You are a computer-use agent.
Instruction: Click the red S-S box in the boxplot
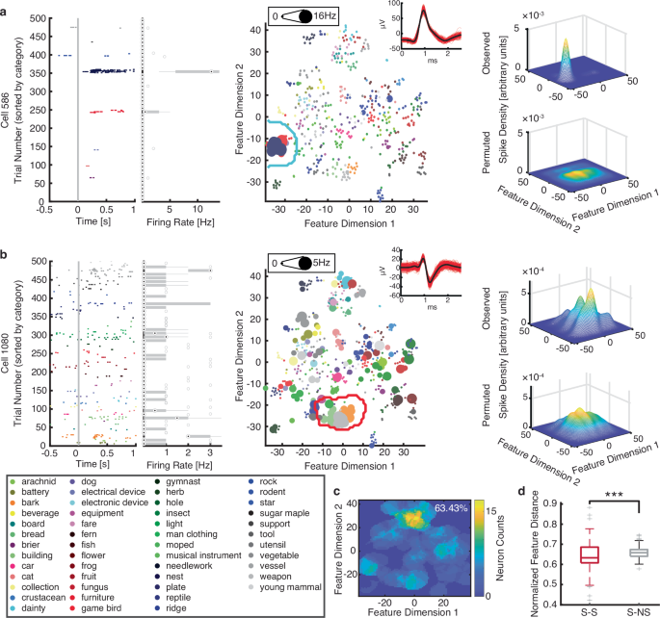coord(588,555)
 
